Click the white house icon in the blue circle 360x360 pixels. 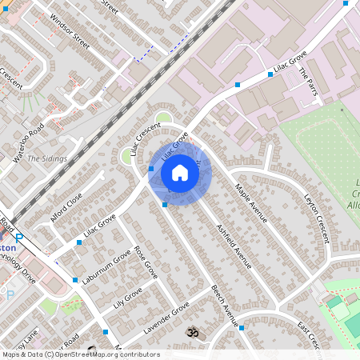(x=180, y=172)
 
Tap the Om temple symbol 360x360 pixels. (x=192, y=330)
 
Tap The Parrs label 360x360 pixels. (x=308, y=82)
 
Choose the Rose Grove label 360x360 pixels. (x=146, y=261)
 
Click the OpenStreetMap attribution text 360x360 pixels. (x=80, y=354)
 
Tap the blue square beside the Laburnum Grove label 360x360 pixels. (x=75, y=280)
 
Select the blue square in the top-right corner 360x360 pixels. (x=346, y=3)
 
